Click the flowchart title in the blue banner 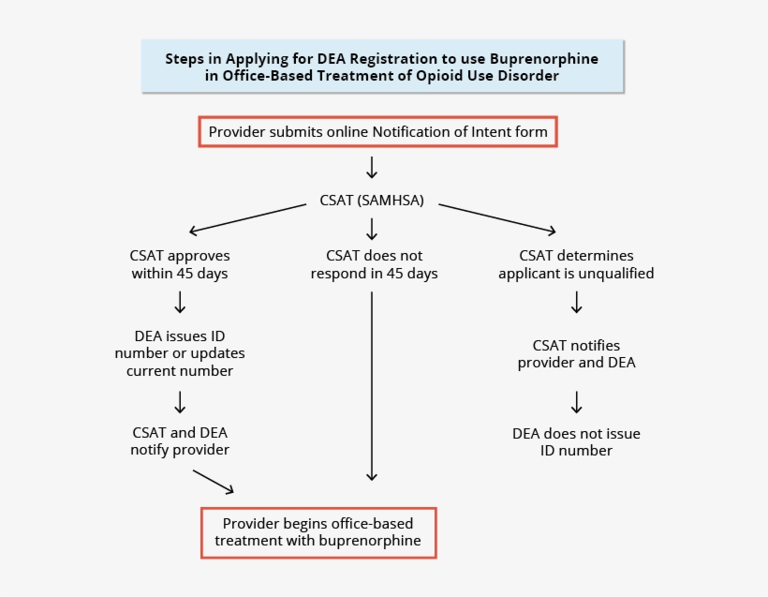pos(382,67)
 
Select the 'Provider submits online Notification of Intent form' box pos(377,132)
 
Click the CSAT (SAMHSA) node pos(373,201)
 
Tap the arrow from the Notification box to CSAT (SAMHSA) pos(372,168)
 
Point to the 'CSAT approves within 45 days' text pos(180,264)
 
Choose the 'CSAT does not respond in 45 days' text pos(374,264)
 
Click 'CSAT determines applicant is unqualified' pos(576,264)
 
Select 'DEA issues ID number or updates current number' pos(180,353)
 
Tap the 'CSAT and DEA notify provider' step pos(180,440)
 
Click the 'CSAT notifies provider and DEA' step pos(576,353)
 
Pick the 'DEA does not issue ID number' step pos(576,441)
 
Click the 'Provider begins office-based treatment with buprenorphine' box pos(318,531)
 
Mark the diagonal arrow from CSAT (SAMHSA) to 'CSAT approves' pos(248,218)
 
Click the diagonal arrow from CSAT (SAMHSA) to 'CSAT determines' pos(496,218)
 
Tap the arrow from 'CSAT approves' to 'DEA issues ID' pos(180,302)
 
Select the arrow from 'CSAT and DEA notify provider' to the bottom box pos(214,481)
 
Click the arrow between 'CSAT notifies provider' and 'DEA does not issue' pos(577,401)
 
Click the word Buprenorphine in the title pos(544,58)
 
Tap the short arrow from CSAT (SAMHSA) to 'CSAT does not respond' pos(372,229)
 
